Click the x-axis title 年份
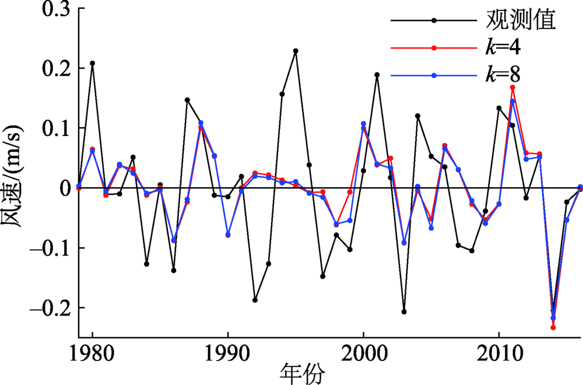(303, 372)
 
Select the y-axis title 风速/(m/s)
(14, 175)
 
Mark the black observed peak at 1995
(296, 51)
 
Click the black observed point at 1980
(92, 63)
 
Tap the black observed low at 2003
(404, 311)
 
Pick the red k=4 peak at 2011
(512, 87)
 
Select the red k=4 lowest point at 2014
(553, 327)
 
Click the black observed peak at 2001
(377, 75)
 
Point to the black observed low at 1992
(255, 300)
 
